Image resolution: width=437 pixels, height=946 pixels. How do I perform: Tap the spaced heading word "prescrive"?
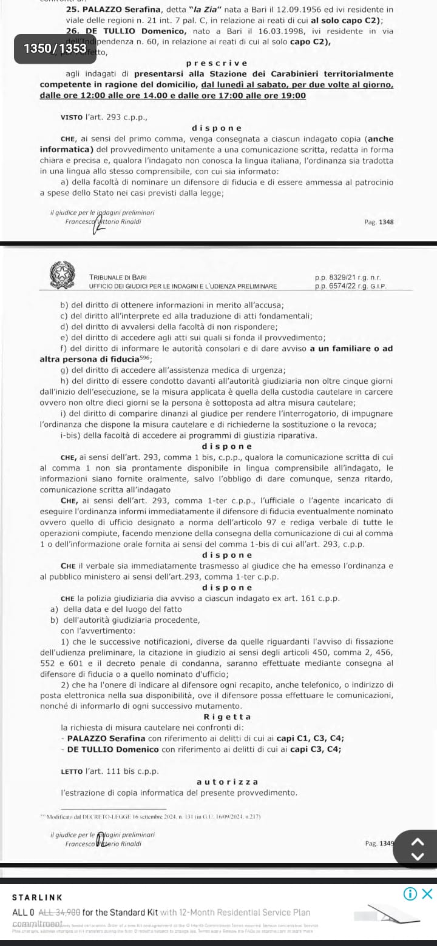(217, 64)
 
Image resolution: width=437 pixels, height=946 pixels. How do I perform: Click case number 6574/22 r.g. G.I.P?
(350, 286)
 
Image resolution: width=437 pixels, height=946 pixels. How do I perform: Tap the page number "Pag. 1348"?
(379, 222)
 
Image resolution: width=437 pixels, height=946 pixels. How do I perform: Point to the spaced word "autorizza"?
(228, 782)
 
